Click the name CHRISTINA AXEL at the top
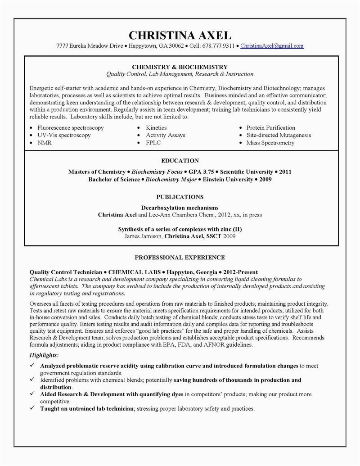point(180,35)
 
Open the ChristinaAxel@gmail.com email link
point(272,46)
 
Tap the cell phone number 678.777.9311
point(218,46)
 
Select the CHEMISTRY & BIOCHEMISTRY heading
point(180,67)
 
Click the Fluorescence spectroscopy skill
point(71,128)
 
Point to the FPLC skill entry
point(153,143)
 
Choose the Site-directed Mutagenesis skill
point(279,135)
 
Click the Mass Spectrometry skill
point(270,143)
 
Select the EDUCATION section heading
point(180,161)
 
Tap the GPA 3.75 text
point(200,172)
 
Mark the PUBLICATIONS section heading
point(180,197)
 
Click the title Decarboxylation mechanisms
point(180,208)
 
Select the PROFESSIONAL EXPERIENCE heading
point(180,258)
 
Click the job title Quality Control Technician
point(65,272)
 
